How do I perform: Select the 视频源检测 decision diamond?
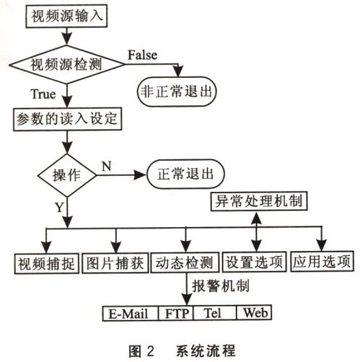point(66,64)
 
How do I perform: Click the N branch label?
point(106,166)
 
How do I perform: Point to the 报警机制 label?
point(220,286)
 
